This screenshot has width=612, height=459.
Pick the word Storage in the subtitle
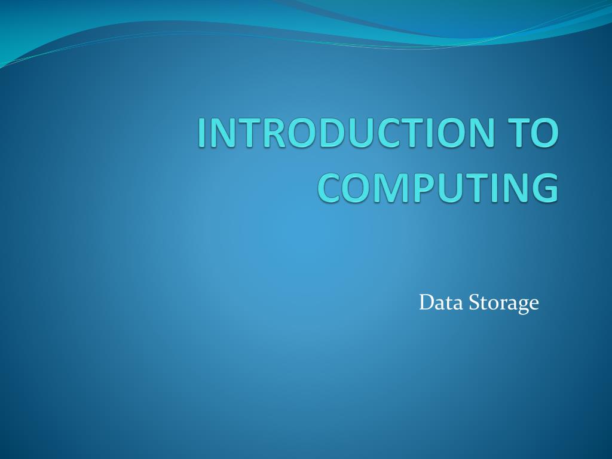point(503,303)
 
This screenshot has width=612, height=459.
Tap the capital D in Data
point(427,303)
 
